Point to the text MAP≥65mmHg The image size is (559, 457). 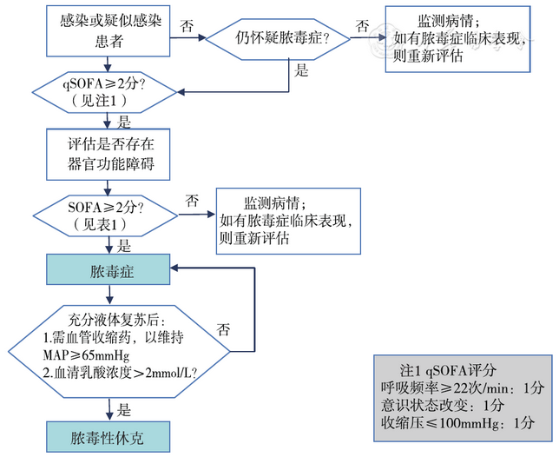[x=83, y=355]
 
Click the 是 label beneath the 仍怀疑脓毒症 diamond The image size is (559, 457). [x=302, y=71]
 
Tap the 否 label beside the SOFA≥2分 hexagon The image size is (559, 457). [x=191, y=202]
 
